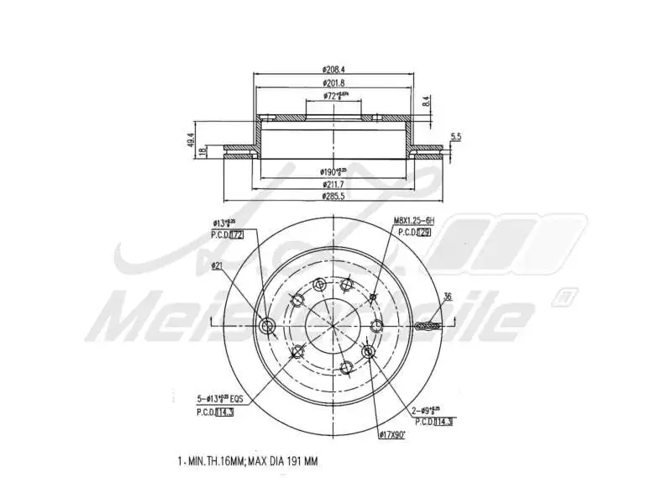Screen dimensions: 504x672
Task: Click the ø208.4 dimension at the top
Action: [x=334, y=68]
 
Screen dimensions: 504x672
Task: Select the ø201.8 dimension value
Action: [x=334, y=82]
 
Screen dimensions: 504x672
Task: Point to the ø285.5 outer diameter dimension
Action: [x=334, y=196]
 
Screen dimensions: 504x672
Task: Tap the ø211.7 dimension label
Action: [x=334, y=184]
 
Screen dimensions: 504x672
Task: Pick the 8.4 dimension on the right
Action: [x=426, y=102]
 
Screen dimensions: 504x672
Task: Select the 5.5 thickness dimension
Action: [x=456, y=136]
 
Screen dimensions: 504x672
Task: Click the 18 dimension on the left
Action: [x=202, y=152]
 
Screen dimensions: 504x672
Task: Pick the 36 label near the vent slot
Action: [x=448, y=297]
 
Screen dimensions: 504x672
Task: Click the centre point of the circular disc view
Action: [x=334, y=326]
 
